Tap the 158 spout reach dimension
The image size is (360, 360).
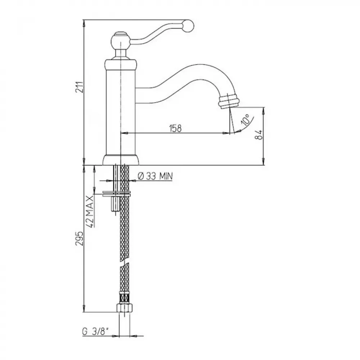175,128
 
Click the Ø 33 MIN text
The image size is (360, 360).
155,176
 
